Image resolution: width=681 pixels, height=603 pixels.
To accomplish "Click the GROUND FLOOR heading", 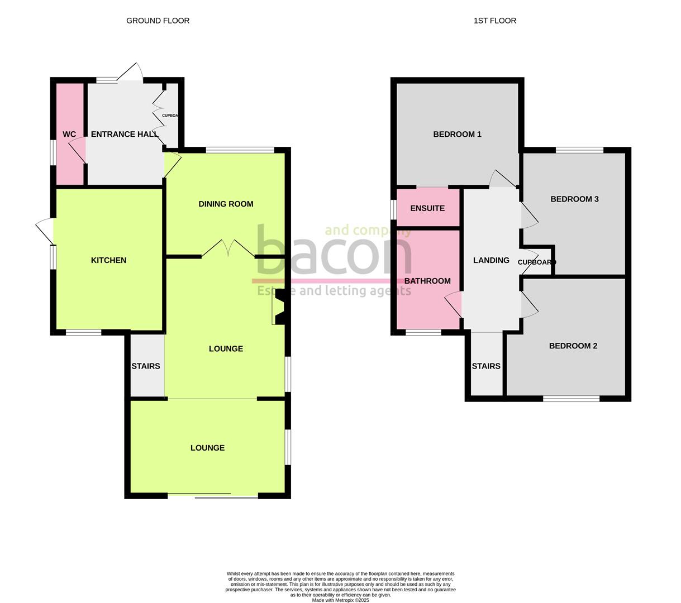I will (158, 21).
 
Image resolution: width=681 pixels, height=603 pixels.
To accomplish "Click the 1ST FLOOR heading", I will (494, 21).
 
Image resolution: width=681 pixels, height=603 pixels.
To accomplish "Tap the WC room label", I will (69, 135).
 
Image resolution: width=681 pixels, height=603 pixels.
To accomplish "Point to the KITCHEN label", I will (108, 260).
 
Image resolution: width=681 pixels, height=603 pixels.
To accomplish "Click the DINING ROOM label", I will (226, 204).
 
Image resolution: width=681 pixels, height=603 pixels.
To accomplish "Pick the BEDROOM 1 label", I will (457, 134).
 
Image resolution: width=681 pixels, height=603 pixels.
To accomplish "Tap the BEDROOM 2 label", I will (573, 346).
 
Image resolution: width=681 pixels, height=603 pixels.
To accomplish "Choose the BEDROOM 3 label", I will (574, 199).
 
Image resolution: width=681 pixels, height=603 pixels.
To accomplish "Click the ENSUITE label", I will (427, 208).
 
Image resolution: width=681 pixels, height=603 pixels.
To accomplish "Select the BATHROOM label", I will (427, 281).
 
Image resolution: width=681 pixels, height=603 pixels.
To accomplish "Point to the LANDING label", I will (491, 260).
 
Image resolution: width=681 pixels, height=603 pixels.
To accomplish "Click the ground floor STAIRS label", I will (146, 366).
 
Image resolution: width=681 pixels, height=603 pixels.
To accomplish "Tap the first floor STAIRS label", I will (486, 366).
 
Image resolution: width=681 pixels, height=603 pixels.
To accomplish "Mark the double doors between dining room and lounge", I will (228, 249).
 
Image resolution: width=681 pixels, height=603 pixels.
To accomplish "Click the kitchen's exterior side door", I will (45, 230).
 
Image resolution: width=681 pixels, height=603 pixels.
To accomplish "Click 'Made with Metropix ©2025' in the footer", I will (340, 600).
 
